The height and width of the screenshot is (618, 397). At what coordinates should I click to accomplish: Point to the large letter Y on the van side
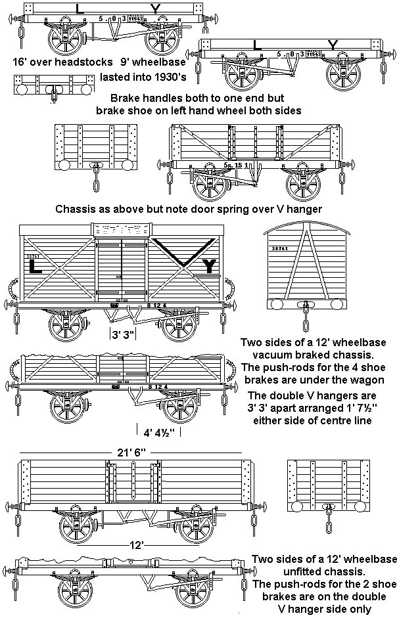point(210,265)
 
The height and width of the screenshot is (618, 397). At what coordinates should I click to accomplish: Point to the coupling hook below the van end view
point(304,317)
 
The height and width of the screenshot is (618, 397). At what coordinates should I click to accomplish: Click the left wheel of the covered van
point(68,327)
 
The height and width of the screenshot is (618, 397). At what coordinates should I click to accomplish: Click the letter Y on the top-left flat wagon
point(154,9)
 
